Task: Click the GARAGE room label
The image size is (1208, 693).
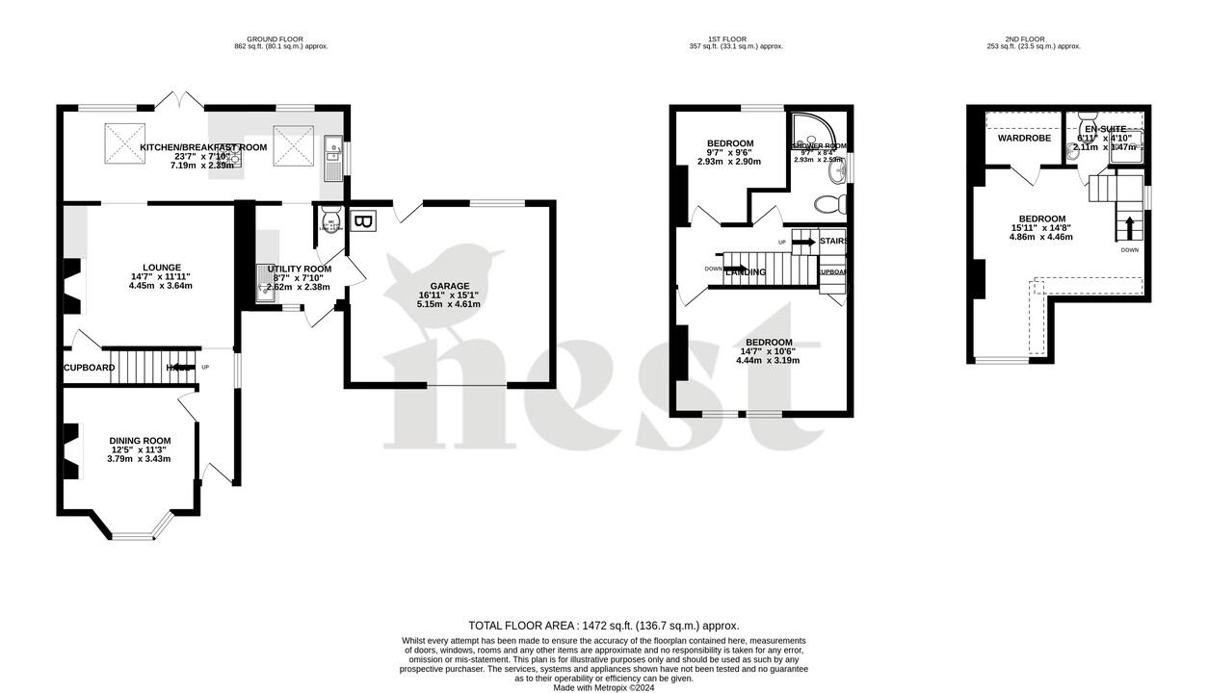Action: click(x=450, y=286)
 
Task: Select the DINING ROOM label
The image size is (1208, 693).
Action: click(x=140, y=441)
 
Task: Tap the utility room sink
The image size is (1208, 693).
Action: click(x=265, y=279)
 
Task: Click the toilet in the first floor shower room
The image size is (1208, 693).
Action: click(x=828, y=204)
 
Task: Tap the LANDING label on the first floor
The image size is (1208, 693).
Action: click(x=746, y=272)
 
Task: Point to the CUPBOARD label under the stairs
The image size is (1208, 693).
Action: click(x=90, y=368)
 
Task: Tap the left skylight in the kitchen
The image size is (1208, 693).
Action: click(x=125, y=144)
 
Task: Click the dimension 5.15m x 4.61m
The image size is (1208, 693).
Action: click(x=449, y=304)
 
